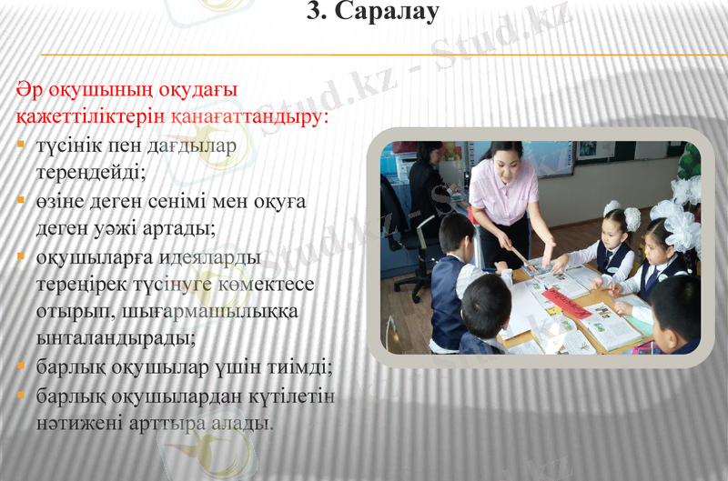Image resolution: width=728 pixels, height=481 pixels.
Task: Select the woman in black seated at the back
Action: coord(427,182)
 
